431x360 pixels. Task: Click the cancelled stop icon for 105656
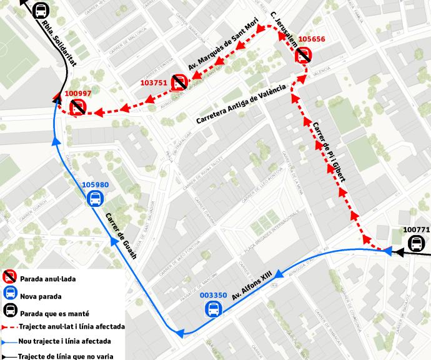point(304,56)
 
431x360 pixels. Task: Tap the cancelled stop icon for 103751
point(179,82)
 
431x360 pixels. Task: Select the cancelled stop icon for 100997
point(77,107)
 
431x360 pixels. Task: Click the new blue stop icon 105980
point(95,199)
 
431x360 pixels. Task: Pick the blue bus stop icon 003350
point(214,309)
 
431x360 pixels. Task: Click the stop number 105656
point(312,39)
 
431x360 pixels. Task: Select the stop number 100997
point(78,94)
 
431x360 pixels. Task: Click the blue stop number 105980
point(95,185)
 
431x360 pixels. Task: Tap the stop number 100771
point(417,230)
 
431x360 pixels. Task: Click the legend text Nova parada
point(40,296)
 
